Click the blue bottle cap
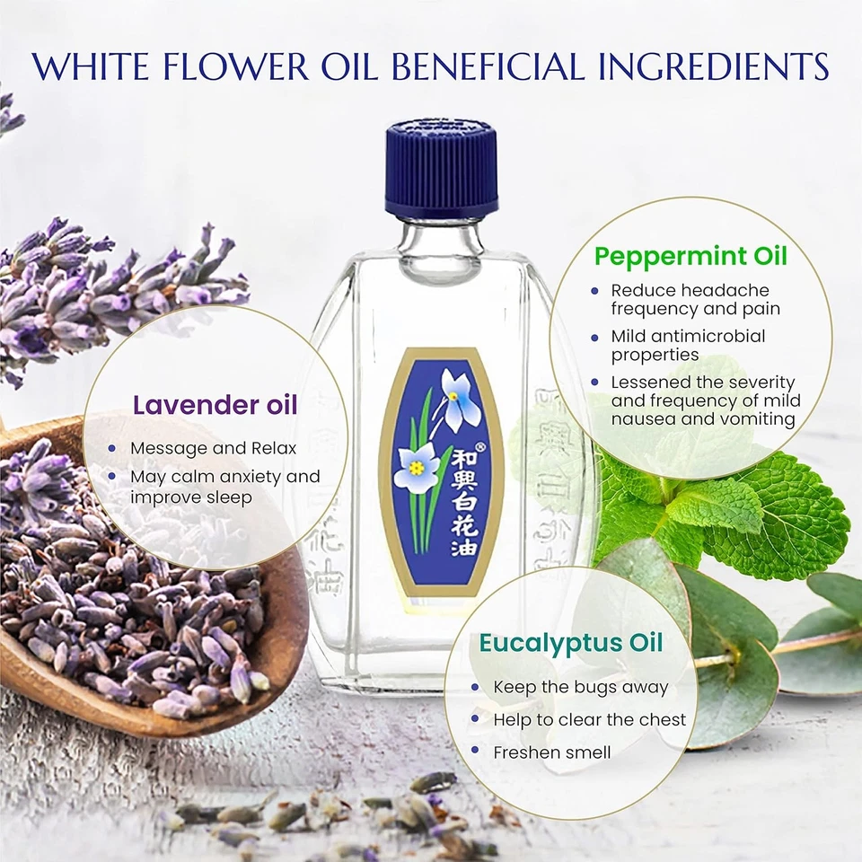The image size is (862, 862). point(442,172)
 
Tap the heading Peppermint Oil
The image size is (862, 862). point(690,256)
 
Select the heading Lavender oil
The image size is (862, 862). point(215,405)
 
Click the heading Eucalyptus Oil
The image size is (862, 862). point(571,643)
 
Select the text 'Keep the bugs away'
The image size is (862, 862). point(581,687)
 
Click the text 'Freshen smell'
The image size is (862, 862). point(552,752)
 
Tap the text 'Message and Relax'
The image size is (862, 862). point(214,447)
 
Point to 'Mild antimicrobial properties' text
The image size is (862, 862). point(688,345)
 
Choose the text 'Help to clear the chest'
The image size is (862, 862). point(590,719)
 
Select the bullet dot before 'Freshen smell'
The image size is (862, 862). point(474,752)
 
